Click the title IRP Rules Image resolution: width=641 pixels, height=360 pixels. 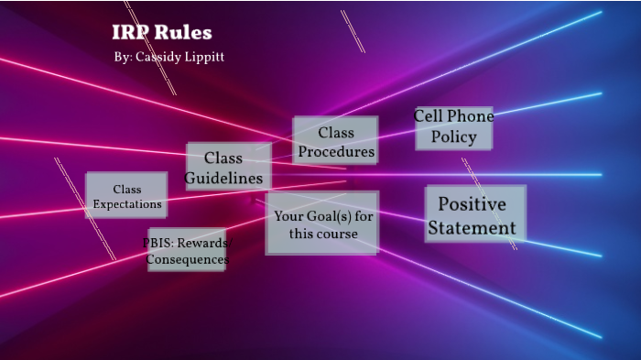coord(162,33)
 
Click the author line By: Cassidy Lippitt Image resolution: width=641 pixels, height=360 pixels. coord(169,57)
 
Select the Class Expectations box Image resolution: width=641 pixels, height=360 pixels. coord(126,196)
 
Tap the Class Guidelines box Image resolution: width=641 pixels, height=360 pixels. coord(228,168)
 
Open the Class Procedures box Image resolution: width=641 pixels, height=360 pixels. coord(335,141)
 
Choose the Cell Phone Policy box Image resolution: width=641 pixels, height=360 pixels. coord(453,127)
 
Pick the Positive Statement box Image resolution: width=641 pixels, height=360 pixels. coord(474,214)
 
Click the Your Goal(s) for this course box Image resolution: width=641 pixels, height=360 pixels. coord(322,224)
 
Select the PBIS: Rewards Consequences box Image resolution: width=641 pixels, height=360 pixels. coord(187,251)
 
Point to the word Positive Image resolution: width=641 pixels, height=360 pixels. coord(472,202)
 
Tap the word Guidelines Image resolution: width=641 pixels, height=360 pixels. coord(224,178)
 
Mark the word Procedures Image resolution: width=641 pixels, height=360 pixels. coord(336,151)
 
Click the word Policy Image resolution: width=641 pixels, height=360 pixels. coord(453,137)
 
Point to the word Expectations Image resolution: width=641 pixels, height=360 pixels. coord(127,204)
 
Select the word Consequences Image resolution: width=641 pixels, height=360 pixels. coord(187,260)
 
